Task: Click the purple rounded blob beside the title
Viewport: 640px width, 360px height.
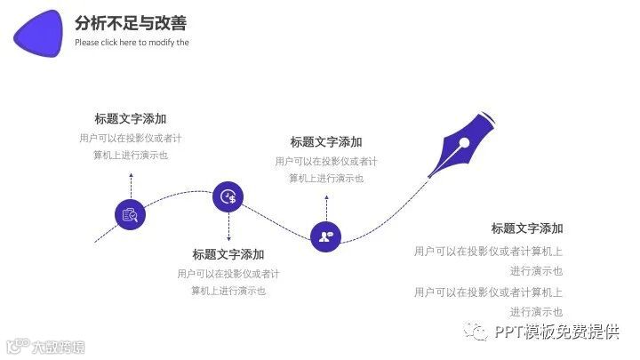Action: (x=38, y=33)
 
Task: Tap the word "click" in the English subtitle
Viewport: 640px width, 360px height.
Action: (x=112, y=43)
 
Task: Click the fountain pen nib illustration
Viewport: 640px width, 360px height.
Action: (x=461, y=143)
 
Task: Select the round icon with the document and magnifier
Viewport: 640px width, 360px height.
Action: (x=131, y=213)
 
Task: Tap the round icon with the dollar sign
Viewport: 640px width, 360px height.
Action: (x=228, y=196)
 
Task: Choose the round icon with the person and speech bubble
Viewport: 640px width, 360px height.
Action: (x=326, y=236)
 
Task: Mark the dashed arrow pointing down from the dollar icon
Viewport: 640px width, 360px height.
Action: (x=228, y=227)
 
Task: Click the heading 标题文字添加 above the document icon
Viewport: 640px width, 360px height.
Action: (x=131, y=118)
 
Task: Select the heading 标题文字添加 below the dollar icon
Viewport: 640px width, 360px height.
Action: (x=228, y=254)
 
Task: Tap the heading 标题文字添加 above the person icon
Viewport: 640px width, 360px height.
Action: (x=326, y=141)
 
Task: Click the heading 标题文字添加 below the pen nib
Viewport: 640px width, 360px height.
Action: (x=527, y=228)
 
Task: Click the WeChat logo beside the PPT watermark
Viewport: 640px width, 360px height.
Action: (x=477, y=332)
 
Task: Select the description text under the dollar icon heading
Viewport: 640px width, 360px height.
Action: (x=228, y=282)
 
